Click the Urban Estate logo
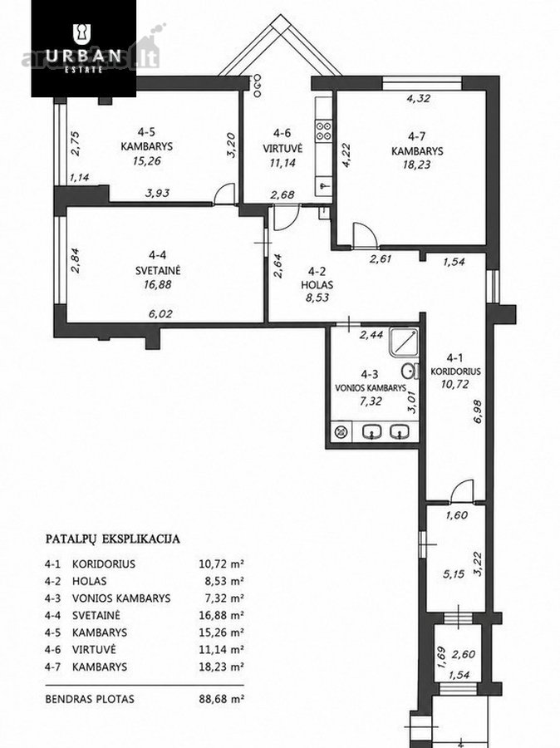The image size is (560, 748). pyautogui.click(x=83, y=48)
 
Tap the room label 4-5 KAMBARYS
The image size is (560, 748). pyautogui.click(x=146, y=140)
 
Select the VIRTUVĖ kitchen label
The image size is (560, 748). pyautogui.click(x=282, y=149)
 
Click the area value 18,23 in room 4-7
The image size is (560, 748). pyautogui.click(x=417, y=165)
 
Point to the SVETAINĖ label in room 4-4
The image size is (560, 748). pyautogui.click(x=158, y=270)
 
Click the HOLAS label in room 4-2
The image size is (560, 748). pyautogui.click(x=317, y=285)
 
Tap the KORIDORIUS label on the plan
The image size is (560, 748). pyautogui.click(x=455, y=372)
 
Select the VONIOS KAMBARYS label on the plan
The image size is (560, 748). pyautogui.click(x=371, y=388)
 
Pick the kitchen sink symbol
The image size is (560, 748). pyautogui.click(x=324, y=184)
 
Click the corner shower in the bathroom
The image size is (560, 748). pyautogui.click(x=404, y=342)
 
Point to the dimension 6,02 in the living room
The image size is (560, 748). pyautogui.click(x=160, y=314)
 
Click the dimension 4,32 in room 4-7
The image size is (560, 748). pyautogui.click(x=418, y=99)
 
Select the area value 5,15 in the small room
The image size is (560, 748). pyautogui.click(x=453, y=573)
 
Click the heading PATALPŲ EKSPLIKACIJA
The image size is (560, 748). pyautogui.click(x=112, y=539)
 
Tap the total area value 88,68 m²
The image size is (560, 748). pyautogui.click(x=221, y=699)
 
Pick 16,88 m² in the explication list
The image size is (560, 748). pyautogui.click(x=221, y=615)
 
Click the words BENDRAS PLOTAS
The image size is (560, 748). pyautogui.click(x=90, y=699)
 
